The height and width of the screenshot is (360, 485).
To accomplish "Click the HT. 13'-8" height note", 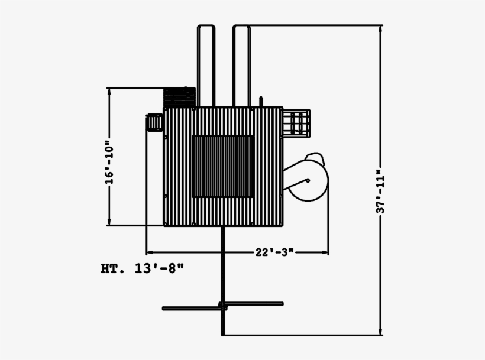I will (143, 269).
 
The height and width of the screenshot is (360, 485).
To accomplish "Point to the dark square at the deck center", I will (223, 166).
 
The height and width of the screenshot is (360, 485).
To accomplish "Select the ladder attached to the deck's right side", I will (298, 124).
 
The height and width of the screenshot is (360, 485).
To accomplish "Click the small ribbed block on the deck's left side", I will (154, 123).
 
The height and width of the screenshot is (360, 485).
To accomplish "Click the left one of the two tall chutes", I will (206, 65).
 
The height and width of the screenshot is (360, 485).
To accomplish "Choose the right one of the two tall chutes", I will (241, 65).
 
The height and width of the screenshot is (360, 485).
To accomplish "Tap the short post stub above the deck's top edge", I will (260, 102).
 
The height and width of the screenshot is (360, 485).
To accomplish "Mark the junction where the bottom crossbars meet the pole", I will (223, 306).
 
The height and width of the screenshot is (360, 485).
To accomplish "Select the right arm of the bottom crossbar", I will (254, 304).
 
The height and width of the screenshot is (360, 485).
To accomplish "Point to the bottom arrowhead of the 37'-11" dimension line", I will (381, 332).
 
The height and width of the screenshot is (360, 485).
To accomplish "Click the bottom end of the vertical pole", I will (223, 333).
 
